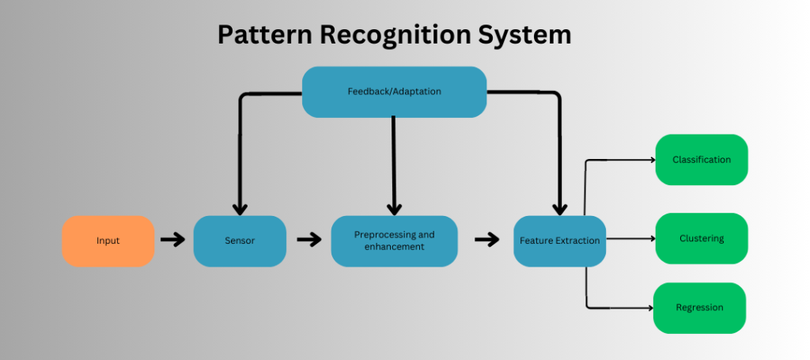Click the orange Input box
click(x=108, y=241)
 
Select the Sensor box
click(x=239, y=241)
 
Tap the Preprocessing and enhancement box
click(x=394, y=241)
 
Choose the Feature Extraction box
click(x=559, y=241)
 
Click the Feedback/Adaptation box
click(x=394, y=92)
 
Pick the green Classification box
click(x=701, y=160)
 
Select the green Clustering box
click(x=701, y=238)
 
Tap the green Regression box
click(x=699, y=308)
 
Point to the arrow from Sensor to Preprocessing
click(x=308, y=240)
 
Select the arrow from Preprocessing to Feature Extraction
click(x=487, y=240)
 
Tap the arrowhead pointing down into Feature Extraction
click(x=559, y=207)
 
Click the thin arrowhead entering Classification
click(x=653, y=160)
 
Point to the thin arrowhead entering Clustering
click(x=653, y=239)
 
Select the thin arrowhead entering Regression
click(x=649, y=307)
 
